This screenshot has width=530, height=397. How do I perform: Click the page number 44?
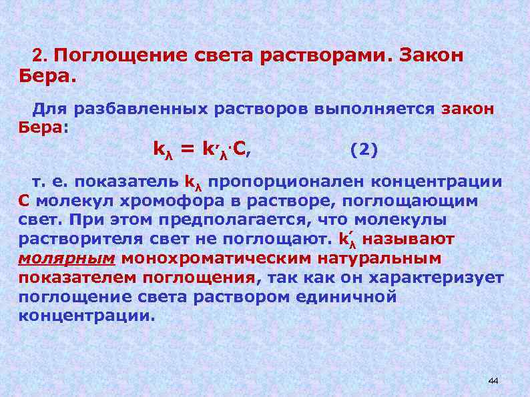(x=493, y=380)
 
